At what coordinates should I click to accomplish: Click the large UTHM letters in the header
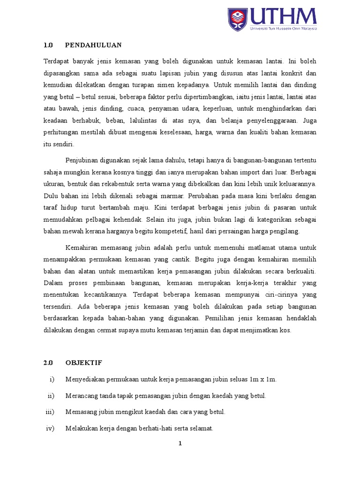click(283, 16)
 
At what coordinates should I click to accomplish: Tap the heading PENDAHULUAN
click(93, 45)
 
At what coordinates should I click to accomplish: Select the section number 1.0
click(49, 45)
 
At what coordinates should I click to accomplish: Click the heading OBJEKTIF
click(84, 363)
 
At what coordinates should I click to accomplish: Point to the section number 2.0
click(49, 363)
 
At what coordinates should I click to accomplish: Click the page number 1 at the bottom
click(180, 445)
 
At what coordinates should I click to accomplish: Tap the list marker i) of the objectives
click(52, 379)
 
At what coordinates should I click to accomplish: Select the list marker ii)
click(51, 396)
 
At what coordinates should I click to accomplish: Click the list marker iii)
click(50, 412)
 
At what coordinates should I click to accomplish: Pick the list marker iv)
click(50, 428)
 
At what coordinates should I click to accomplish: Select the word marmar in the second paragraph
click(151, 195)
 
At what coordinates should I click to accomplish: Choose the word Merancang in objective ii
click(81, 396)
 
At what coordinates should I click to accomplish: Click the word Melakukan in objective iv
click(81, 428)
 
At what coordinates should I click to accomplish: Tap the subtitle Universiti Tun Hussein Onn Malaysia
click(283, 28)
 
